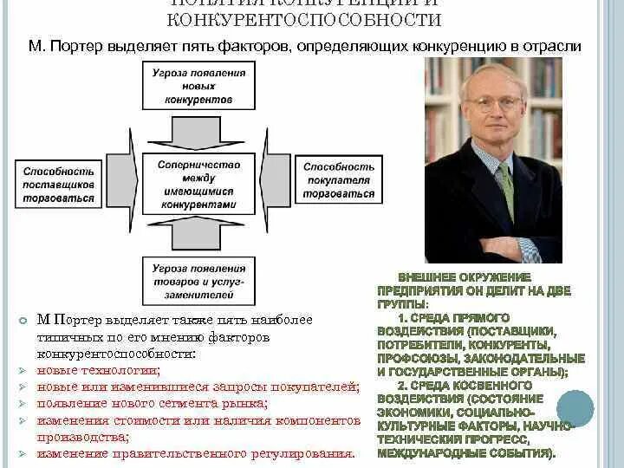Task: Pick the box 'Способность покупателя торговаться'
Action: coord(340,180)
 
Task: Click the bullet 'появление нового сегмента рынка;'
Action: coord(152,403)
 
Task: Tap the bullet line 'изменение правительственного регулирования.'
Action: coord(196,453)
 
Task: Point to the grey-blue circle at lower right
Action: coord(575,407)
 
